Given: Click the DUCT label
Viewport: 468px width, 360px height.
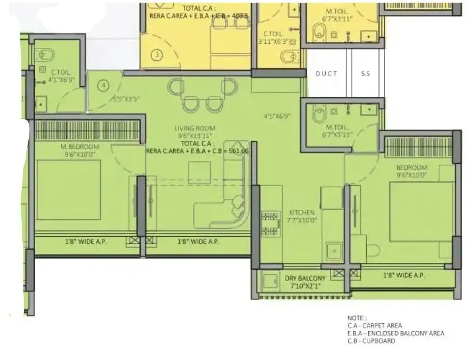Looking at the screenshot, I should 326,74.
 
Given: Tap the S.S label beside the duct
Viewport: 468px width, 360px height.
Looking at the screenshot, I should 365,74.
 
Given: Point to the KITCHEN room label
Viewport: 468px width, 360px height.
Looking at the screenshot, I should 301,212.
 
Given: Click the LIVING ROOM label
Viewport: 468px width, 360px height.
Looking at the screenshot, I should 195,128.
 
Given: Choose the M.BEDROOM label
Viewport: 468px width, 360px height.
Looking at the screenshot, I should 80,147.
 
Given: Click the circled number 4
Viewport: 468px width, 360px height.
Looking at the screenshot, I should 104,85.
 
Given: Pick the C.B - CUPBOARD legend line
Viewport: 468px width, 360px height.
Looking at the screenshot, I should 372,341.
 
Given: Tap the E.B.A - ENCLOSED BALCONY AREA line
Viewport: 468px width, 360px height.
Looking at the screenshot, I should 396,333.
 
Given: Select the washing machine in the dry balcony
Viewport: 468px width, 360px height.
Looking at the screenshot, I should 269,281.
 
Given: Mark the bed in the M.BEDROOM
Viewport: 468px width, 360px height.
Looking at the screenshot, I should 68,190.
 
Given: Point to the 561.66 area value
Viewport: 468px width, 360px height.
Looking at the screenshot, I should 237,151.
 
